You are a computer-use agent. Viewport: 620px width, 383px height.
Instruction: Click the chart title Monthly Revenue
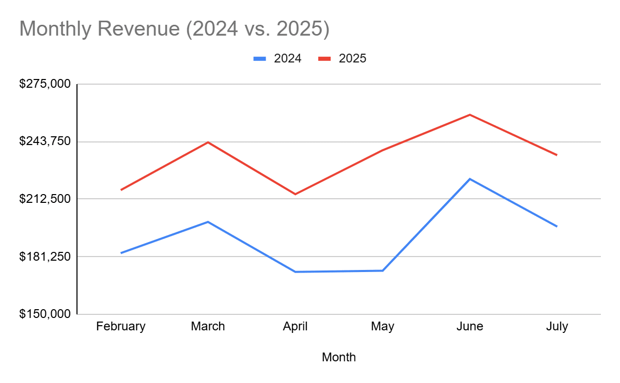174,29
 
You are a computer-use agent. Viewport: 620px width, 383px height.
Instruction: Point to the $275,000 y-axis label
44,84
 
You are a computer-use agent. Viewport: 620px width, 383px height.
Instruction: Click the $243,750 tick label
44,141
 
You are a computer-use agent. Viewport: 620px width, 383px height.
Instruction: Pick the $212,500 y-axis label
44,199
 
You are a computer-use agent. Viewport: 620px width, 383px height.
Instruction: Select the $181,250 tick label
44,257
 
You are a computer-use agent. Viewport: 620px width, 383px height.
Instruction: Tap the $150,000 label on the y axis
44,314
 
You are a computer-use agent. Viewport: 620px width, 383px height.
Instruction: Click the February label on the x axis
121,327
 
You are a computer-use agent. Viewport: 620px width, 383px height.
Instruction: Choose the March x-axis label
208,327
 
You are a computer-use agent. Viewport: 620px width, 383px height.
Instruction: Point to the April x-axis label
295,327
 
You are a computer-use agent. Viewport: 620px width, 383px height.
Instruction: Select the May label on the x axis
382,327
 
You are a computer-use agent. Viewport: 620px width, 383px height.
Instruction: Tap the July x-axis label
556,327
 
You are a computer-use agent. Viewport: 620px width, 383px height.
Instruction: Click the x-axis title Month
338,357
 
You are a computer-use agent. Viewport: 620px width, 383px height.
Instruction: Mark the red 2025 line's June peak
470,115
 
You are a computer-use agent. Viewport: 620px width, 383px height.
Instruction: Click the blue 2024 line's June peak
470,179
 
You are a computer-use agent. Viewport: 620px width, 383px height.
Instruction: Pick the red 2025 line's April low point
295,194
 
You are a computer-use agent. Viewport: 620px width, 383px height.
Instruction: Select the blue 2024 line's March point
208,222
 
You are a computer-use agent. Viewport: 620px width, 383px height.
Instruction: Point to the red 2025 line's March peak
208,142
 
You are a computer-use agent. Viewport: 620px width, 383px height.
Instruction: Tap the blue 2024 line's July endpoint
556,226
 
